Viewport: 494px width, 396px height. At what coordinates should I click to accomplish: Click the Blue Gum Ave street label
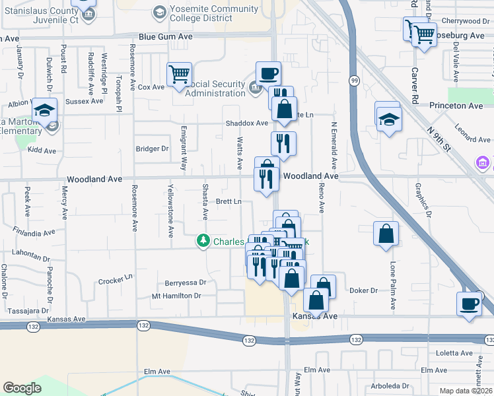165,37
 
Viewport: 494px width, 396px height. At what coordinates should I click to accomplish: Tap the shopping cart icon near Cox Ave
179,75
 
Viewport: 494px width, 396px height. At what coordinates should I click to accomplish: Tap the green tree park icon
204,242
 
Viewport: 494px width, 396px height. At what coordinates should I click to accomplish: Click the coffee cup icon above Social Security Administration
268,73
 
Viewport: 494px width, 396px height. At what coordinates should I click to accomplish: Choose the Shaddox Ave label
247,123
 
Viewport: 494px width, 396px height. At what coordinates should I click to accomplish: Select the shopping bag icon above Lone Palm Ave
386,234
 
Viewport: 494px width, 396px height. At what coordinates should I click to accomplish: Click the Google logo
22,388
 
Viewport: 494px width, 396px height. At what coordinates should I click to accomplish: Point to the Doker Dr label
363,290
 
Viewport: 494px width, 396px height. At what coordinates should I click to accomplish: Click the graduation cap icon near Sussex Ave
44,110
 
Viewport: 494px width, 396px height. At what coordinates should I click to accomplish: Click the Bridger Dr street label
151,148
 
